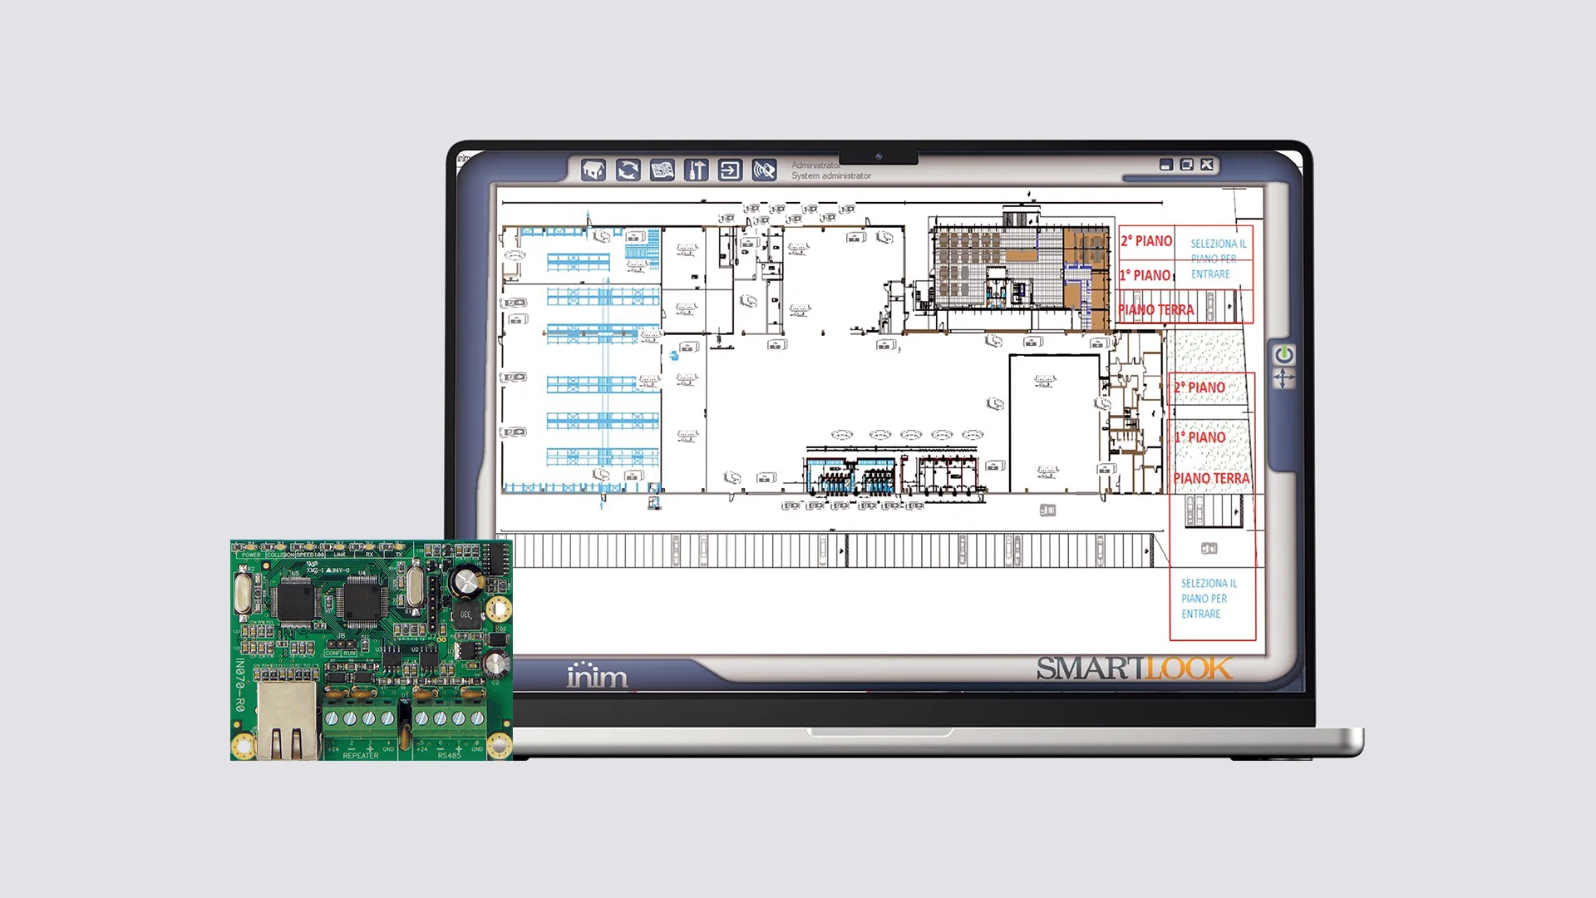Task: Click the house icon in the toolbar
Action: click(x=593, y=170)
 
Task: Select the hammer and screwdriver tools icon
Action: click(x=696, y=170)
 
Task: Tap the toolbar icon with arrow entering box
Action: click(x=730, y=170)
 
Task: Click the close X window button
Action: click(x=1207, y=165)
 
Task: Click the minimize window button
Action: click(x=1166, y=165)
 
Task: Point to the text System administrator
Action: click(x=830, y=176)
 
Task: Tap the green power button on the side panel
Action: click(x=1283, y=355)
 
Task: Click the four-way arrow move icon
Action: click(x=1283, y=379)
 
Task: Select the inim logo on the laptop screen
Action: click(x=597, y=675)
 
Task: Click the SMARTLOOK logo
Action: click(x=1134, y=669)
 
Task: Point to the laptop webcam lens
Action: click(x=879, y=156)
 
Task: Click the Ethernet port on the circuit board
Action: click(x=288, y=720)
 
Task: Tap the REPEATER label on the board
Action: click(x=361, y=756)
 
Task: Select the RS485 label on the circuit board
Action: click(x=449, y=756)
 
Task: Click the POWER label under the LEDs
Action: click(x=251, y=555)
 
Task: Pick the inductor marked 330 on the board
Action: click(x=465, y=615)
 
